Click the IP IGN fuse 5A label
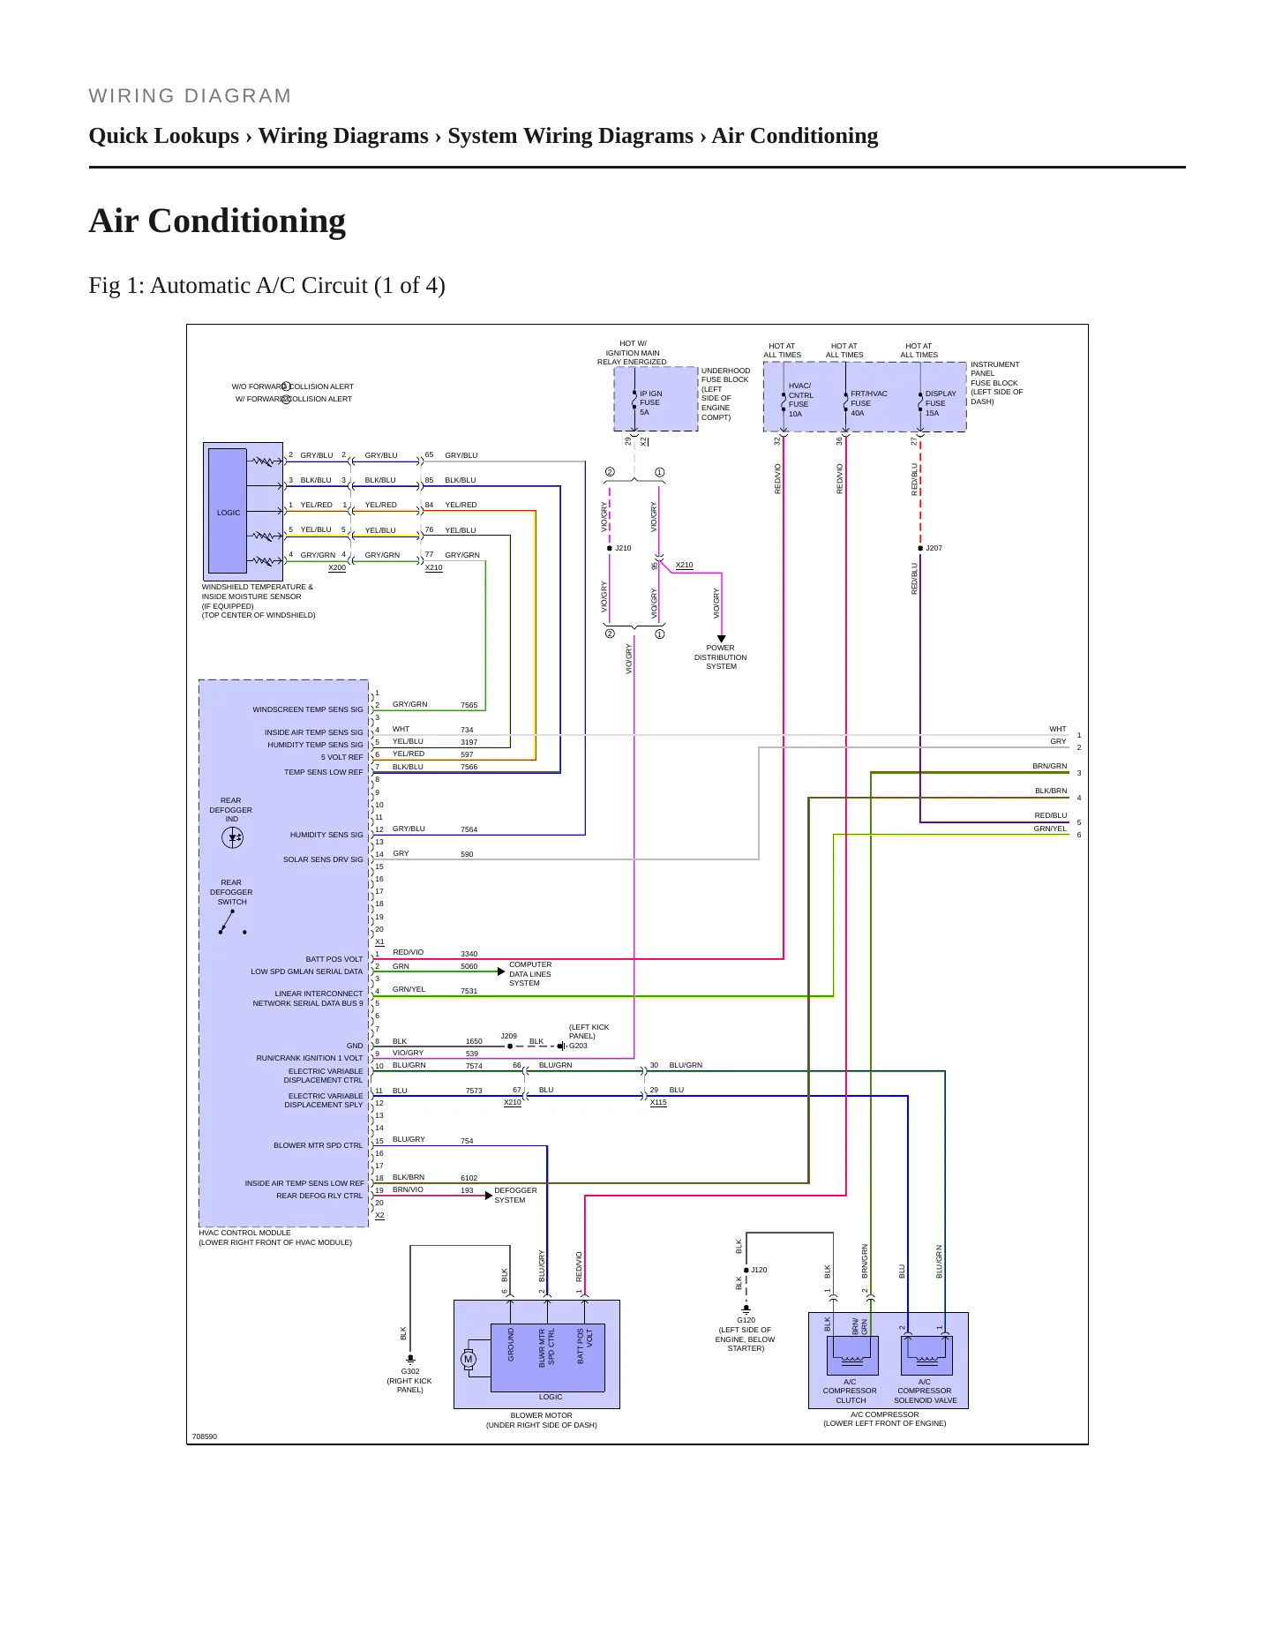point(650,403)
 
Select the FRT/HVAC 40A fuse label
point(868,403)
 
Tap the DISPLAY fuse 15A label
point(941,403)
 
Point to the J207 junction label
point(934,548)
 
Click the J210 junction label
point(623,548)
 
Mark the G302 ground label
point(410,1371)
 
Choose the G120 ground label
point(746,1320)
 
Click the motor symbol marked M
point(469,1359)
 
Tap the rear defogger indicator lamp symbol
point(232,837)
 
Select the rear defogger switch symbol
point(232,922)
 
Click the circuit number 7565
point(469,705)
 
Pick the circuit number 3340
point(469,954)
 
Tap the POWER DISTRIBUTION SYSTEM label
point(720,656)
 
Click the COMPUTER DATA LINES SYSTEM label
point(530,974)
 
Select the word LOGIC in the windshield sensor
point(229,513)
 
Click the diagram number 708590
point(205,1436)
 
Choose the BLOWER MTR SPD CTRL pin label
point(318,1145)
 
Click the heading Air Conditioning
point(217,221)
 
